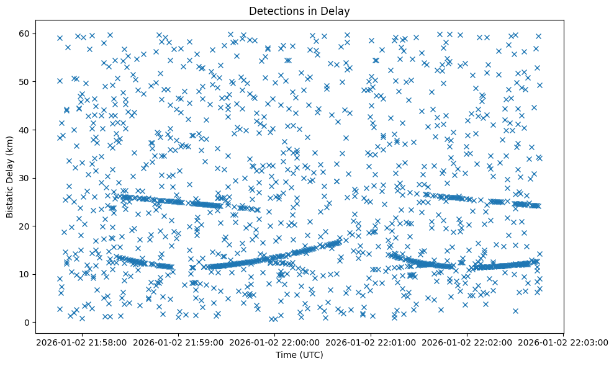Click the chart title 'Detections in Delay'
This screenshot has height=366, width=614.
[x=299, y=11]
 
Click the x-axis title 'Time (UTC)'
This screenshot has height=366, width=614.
[x=299, y=355]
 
